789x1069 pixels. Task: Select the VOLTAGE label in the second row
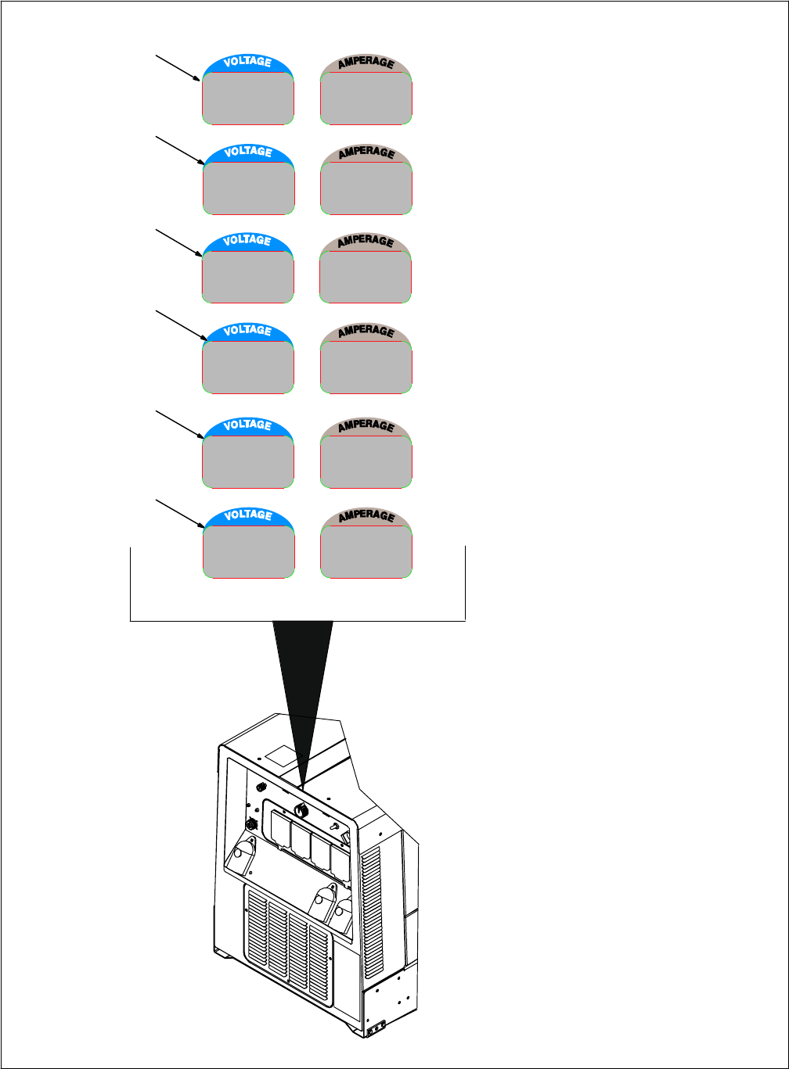point(248,152)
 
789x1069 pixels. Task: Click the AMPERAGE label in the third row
point(366,241)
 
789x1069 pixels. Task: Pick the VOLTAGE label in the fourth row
point(248,332)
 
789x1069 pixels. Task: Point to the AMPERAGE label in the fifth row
point(366,426)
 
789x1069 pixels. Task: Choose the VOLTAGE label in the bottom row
point(248,515)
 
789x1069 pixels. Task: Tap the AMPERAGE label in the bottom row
point(366,516)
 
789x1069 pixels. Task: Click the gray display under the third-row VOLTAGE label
point(248,276)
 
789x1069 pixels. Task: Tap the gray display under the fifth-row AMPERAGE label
point(366,462)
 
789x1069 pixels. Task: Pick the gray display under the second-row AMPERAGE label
point(366,188)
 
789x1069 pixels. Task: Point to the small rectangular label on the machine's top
point(281,755)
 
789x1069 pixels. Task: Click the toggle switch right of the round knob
point(334,827)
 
